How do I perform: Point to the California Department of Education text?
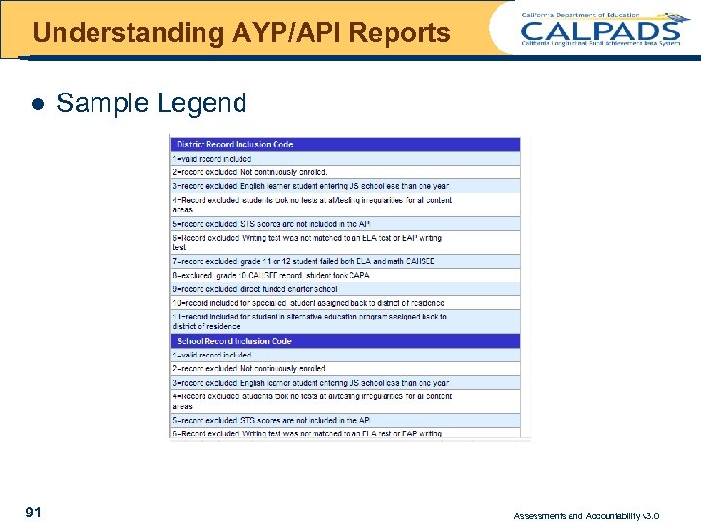(x=580, y=15)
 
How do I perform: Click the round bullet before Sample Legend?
(x=37, y=103)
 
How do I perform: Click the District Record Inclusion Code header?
(x=235, y=144)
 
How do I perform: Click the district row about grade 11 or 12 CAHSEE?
(x=304, y=262)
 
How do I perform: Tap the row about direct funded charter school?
(x=255, y=289)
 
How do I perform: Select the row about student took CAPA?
(x=271, y=276)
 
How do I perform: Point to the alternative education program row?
(x=309, y=320)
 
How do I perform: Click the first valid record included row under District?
(x=212, y=158)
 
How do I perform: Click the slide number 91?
(x=33, y=511)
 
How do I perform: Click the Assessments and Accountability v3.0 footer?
(x=586, y=515)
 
